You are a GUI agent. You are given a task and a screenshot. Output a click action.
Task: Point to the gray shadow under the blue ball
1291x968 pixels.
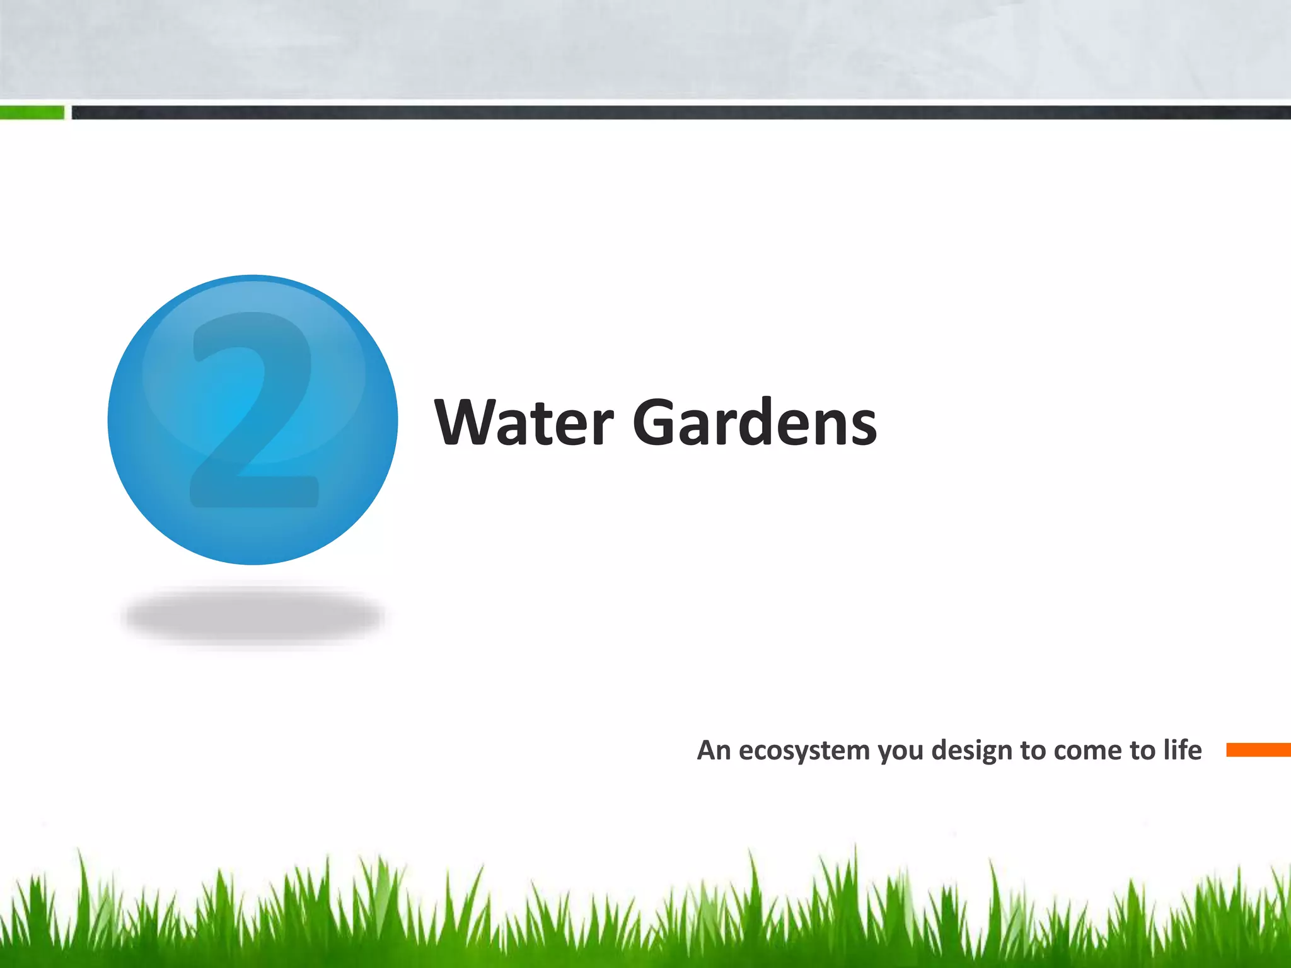click(254, 616)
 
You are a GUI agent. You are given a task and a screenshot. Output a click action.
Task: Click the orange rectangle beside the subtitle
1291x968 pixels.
click(1258, 750)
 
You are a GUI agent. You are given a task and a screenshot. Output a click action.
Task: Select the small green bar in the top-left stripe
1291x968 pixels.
click(32, 113)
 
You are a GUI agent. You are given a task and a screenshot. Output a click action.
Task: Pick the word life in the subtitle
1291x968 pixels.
click(1183, 749)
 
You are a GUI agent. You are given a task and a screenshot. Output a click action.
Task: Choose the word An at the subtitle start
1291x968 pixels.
click(714, 750)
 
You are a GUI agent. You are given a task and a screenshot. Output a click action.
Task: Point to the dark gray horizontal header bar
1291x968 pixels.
click(681, 113)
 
